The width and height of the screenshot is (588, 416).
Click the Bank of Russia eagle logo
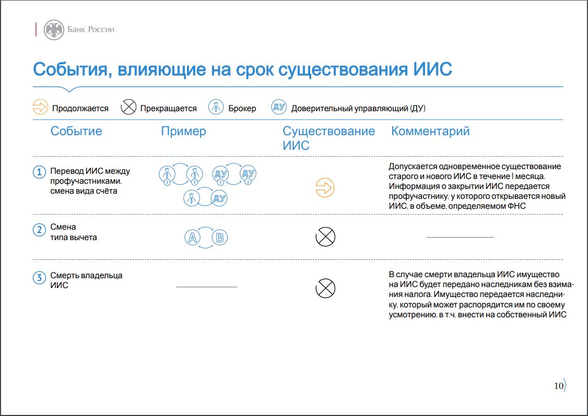54,30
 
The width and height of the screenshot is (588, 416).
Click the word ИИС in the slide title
432,69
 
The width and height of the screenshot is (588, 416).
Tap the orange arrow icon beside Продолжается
40,107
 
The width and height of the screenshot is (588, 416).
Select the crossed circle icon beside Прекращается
128,107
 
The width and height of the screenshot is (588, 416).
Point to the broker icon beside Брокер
216,107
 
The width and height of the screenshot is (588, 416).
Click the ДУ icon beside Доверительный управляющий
279,107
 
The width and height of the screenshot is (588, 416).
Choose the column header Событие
76,131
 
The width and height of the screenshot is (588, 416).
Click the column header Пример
183,131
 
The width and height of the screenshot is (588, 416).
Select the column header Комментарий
430,131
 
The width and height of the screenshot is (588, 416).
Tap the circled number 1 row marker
39,172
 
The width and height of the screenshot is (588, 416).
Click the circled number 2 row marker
39,229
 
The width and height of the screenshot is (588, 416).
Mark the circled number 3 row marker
39,278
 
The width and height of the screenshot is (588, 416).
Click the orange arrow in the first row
325,187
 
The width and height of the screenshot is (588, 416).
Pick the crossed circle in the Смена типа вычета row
325,237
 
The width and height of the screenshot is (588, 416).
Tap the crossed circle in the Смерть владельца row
325,288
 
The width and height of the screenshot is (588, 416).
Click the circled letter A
192,237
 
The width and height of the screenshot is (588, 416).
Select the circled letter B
220,237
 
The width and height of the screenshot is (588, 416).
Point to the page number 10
558,386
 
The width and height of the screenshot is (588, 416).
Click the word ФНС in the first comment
516,206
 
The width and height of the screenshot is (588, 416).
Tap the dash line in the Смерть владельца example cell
207,287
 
